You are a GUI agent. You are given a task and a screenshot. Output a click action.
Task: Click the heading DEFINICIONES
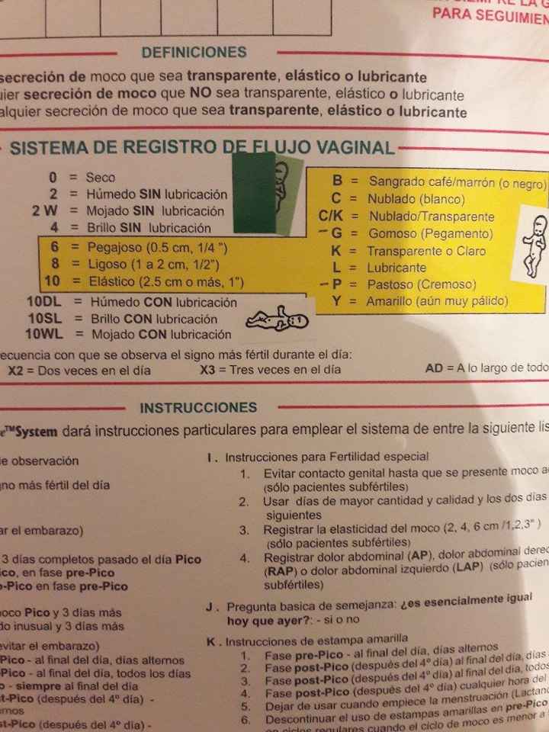click(x=194, y=53)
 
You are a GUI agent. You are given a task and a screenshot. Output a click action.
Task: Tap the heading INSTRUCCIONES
click(x=198, y=408)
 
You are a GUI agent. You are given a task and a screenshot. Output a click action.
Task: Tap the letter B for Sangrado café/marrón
click(x=336, y=181)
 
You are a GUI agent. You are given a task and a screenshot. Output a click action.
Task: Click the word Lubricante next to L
click(x=396, y=268)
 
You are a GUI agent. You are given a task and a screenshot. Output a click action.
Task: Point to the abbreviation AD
click(x=434, y=368)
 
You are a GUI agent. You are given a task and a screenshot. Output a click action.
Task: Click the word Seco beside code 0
click(x=101, y=178)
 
